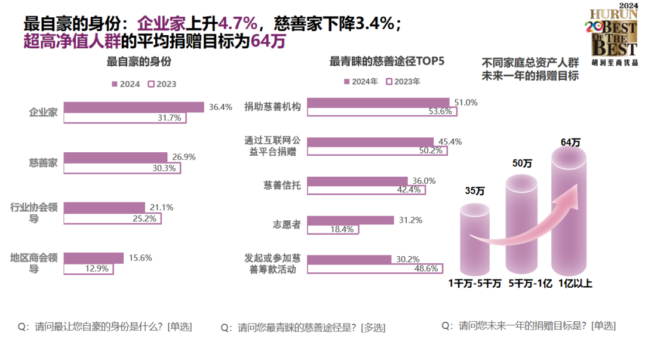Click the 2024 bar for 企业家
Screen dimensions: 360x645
coord(134,107)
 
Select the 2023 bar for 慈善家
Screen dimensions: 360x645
coord(122,168)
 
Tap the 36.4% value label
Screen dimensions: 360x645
coord(220,107)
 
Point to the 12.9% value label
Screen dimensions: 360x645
coord(97,269)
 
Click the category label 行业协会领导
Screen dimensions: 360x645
coord(34,213)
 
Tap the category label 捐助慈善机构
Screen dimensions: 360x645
coord(272,106)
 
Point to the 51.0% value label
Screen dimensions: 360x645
coord(466,102)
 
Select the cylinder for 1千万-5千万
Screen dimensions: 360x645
coord(474,236)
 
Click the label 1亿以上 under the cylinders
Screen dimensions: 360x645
coord(575,284)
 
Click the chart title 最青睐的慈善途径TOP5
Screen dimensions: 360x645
coord(387,61)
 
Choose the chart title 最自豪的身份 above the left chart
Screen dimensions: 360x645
coord(139,61)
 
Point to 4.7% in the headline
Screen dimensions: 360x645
coord(238,24)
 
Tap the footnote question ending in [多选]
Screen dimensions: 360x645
coord(303,327)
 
